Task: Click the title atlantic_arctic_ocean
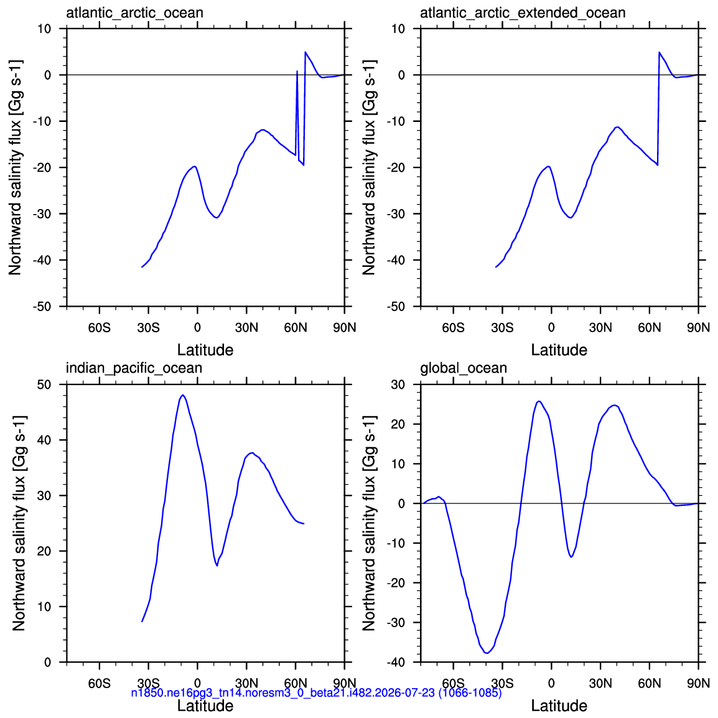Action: click(134, 13)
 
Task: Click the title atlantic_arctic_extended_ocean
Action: click(523, 13)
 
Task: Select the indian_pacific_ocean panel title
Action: click(134, 368)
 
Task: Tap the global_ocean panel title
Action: click(464, 368)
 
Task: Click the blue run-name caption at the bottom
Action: click(317, 692)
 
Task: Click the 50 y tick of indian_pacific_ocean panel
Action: click(44, 385)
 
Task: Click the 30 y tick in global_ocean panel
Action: click(398, 385)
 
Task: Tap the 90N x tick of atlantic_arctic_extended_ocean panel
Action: click(698, 328)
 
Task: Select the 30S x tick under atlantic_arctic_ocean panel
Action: click(148, 328)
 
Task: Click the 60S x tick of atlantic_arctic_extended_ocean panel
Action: click(454, 328)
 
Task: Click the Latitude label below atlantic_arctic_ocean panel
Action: click(205, 350)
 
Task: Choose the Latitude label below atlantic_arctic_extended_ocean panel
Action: click(559, 350)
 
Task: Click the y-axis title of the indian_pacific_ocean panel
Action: click(18, 523)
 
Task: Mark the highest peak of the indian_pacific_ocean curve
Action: click(183, 394)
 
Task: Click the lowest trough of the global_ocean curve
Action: click(487, 653)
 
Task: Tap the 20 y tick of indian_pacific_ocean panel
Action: click(44, 551)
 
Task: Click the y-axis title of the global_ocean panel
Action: click(369, 523)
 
